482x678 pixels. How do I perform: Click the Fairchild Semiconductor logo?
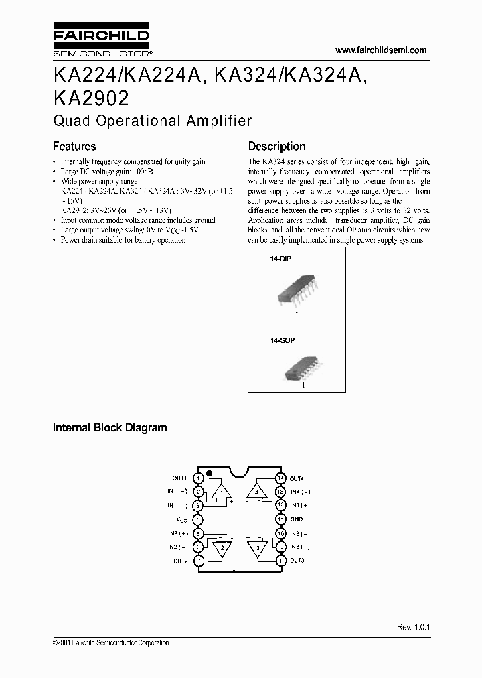pos(100,42)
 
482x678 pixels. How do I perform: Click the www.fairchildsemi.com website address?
pos(380,50)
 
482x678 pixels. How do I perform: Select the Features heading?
pos(74,146)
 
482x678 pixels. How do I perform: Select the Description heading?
pos(276,146)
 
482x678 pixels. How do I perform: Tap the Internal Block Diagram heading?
pos(110,427)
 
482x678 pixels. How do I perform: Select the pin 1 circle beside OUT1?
pos(198,478)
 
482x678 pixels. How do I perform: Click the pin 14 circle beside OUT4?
pos(280,478)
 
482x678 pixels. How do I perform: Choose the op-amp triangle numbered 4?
pos(257,492)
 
